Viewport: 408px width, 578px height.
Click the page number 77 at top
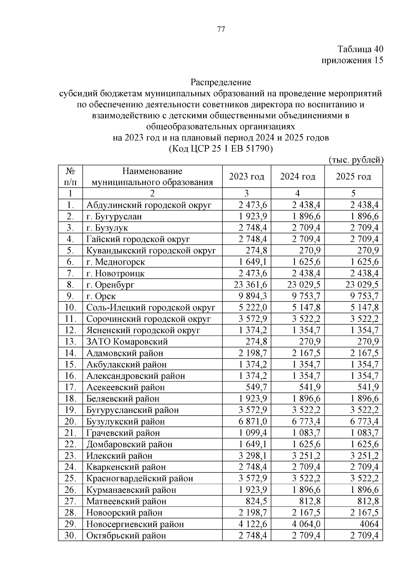221,30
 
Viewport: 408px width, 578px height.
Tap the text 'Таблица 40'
360,49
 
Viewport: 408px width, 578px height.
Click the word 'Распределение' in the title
221,82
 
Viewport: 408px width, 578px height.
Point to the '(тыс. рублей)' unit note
356,160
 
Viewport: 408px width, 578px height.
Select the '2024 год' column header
297,177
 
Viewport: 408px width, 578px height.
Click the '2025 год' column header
353,177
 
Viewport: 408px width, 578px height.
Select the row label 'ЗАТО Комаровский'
127,342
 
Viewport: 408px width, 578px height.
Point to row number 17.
70,387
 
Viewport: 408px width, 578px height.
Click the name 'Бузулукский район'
125,422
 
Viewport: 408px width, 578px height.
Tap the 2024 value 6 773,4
306,422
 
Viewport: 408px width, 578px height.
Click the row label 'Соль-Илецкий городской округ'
151,308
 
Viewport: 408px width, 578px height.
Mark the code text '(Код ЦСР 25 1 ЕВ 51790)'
221,149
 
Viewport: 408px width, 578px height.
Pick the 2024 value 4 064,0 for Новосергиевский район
306,524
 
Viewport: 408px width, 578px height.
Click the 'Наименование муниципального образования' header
152,177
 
